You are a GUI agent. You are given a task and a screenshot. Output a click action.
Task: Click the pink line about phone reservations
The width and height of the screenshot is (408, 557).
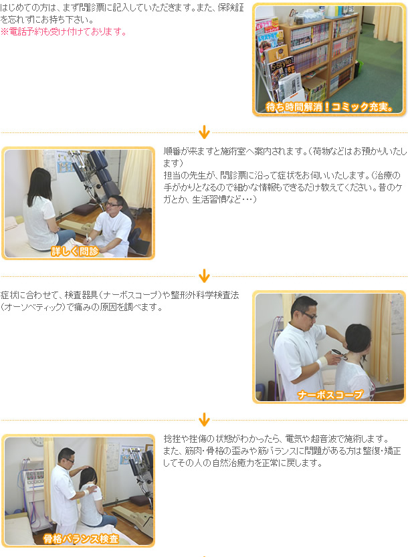[64, 31]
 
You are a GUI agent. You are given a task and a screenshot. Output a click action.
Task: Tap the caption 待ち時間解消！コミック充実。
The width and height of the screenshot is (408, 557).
[329, 106]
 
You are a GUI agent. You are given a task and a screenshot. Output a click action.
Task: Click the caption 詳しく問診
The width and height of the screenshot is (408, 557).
[75, 251]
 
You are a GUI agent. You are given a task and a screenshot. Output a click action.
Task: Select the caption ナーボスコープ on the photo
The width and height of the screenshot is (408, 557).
[330, 395]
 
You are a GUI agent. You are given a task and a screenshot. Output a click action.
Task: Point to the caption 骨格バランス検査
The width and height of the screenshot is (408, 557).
[81, 538]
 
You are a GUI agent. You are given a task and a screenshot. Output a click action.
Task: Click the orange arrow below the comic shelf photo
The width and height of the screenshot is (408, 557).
[204, 132]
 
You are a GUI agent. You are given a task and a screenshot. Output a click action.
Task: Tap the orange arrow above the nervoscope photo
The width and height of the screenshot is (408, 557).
[204, 276]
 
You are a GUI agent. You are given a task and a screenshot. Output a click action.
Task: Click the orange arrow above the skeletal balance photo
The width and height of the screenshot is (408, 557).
[204, 420]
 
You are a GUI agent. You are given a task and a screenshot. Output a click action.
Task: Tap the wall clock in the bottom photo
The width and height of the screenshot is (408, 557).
[37, 441]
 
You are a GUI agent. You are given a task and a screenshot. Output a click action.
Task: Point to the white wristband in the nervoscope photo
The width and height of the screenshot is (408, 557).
[322, 362]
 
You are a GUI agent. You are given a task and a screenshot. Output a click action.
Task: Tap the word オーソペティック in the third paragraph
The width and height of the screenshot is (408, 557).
[33, 307]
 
